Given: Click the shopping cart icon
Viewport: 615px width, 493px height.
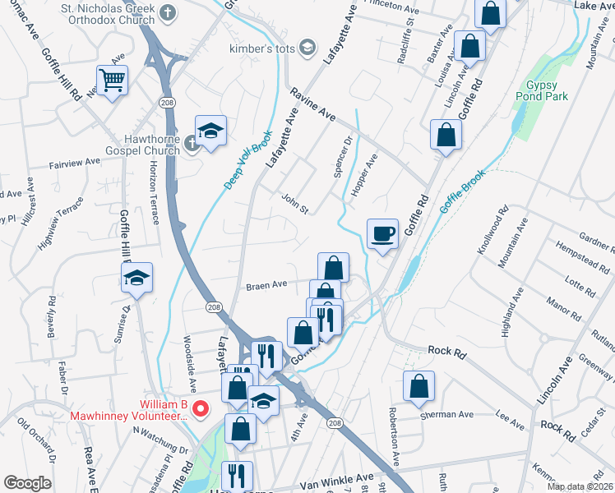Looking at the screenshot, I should pyautogui.click(x=112, y=80).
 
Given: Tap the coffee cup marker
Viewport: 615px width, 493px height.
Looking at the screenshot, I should pyautogui.click(x=382, y=234).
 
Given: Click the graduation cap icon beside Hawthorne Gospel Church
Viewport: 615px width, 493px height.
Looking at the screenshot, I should pyautogui.click(x=210, y=131).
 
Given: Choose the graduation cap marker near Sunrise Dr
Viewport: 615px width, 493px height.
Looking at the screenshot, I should pyautogui.click(x=137, y=279).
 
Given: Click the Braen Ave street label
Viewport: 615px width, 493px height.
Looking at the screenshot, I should pyautogui.click(x=266, y=285).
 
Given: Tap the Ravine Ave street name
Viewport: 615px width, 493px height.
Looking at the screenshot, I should pyautogui.click(x=312, y=104).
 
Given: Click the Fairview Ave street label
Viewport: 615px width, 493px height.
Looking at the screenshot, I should pyautogui.click(x=72, y=164).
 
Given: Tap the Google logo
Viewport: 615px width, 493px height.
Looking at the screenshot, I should pyautogui.click(x=27, y=483).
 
